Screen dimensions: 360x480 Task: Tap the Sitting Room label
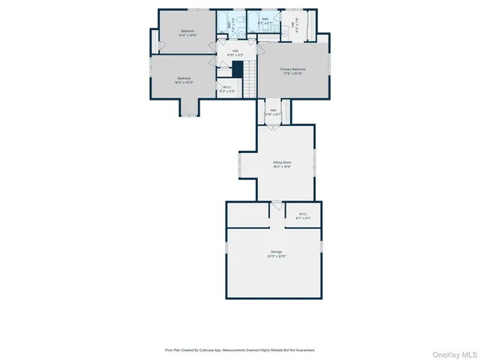click(x=282, y=164)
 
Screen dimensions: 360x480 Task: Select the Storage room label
click(x=277, y=253)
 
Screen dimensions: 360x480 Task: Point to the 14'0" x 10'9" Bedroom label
click(x=187, y=33)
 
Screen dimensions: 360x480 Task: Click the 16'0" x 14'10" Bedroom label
click(x=184, y=80)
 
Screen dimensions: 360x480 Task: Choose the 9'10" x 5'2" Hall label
click(x=235, y=52)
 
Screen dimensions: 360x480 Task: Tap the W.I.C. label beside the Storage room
click(x=304, y=215)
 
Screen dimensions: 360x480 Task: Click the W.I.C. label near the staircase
click(x=228, y=89)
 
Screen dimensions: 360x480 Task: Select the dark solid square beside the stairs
click(x=237, y=69)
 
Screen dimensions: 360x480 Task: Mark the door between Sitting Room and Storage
click(x=277, y=204)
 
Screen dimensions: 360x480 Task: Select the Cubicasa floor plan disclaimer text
click(x=239, y=349)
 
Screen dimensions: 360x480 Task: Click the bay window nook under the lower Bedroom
click(x=189, y=109)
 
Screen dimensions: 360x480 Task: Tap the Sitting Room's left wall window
click(x=240, y=164)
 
